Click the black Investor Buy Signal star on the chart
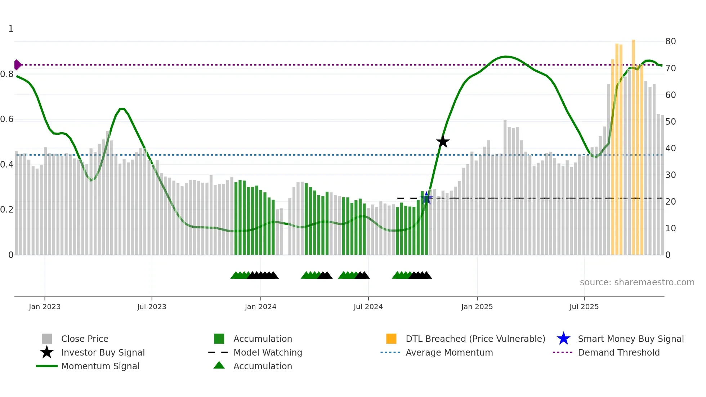(x=443, y=142)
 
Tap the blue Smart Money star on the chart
(x=426, y=198)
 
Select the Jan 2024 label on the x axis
(x=260, y=307)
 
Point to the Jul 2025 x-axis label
(x=584, y=307)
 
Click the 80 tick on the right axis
(x=670, y=41)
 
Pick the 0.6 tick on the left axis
(x=7, y=119)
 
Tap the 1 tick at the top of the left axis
(x=11, y=29)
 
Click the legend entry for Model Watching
(x=268, y=352)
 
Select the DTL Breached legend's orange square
(x=391, y=339)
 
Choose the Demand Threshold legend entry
(x=618, y=352)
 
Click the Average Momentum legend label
(x=449, y=352)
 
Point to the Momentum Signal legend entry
(x=100, y=366)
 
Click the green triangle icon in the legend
(x=219, y=365)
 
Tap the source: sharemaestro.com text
(x=637, y=282)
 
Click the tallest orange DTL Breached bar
(x=633, y=144)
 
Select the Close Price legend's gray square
(x=47, y=339)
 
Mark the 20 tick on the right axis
(x=670, y=202)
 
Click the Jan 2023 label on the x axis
(x=45, y=307)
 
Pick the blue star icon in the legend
(x=563, y=339)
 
